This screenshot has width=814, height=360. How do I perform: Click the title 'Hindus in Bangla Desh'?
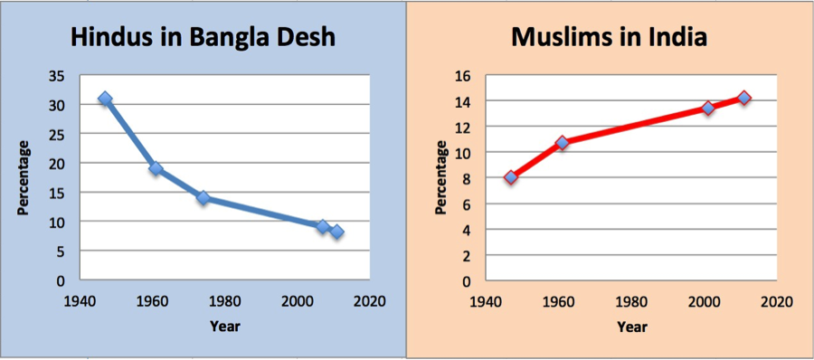click(x=204, y=38)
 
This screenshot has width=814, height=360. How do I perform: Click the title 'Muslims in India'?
click(x=609, y=38)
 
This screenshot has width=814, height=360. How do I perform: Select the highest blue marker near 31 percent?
click(x=106, y=99)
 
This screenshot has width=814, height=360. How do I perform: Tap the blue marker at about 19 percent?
click(x=156, y=168)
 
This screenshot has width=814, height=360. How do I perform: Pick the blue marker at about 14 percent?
click(x=203, y=197)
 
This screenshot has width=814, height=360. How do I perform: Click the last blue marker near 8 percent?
click(x=336, y=232)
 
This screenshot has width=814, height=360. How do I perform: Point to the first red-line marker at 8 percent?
click(x=511, y=177)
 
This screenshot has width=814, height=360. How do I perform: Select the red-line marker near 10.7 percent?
click(x=562, y=143)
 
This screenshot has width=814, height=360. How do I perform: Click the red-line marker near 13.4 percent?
click(x=708, y=108)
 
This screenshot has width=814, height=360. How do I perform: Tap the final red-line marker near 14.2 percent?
click(x=743, y=98)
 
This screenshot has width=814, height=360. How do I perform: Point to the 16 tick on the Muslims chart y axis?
click(x=466, y=76)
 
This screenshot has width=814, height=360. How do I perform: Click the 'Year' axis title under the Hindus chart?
click(x=224, y=326)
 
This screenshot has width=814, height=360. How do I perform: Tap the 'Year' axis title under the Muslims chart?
click(x=631, y=326)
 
